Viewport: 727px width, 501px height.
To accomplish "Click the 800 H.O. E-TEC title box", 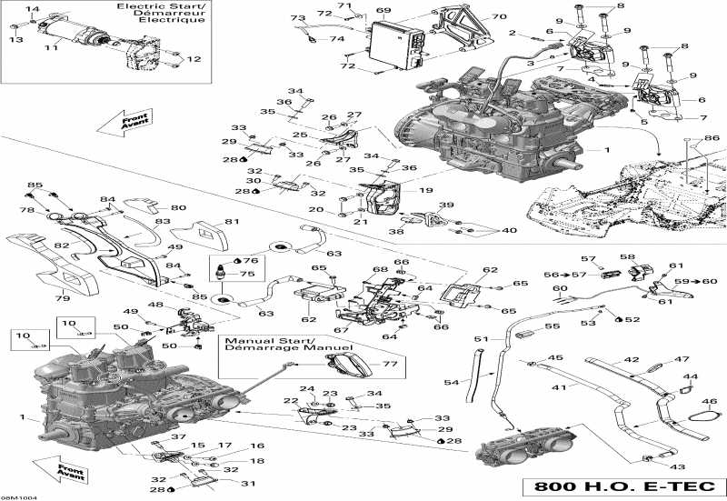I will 626,486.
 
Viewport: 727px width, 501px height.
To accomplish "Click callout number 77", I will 391,364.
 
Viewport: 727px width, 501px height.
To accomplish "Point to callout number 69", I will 383,12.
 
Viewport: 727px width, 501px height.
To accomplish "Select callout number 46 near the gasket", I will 710,401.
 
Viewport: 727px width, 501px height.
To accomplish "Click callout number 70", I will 499,17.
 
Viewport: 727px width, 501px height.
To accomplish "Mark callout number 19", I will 426,191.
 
